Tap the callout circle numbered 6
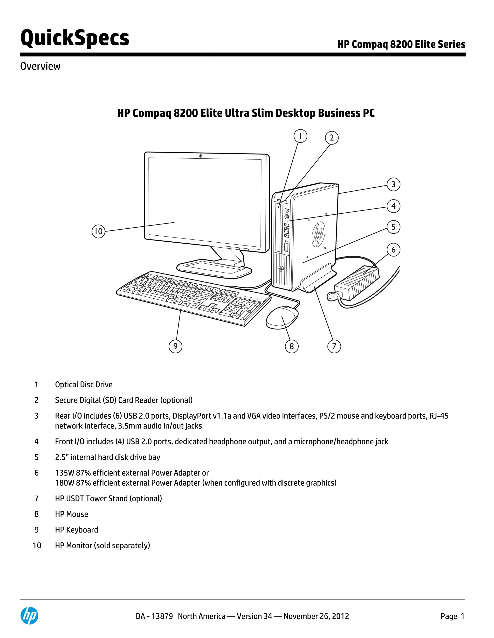click(393, 250)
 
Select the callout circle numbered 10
click(98, 231)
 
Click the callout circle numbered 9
click(175, 346)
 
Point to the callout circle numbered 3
click(393, 184)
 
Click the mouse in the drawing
click(282, 317)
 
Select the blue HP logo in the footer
click(29, 616)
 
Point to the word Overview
click(40, 66)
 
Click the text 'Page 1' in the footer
click(452, 616)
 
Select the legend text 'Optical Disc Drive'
click(84, 385)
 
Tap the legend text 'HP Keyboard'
click(76, 530)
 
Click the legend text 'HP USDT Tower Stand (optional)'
click(108, 498)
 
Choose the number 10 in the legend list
click(37, 545)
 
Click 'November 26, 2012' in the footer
click(316, 616)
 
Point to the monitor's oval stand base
click(214, 268)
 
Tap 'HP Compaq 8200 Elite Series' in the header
click(401, 44)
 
